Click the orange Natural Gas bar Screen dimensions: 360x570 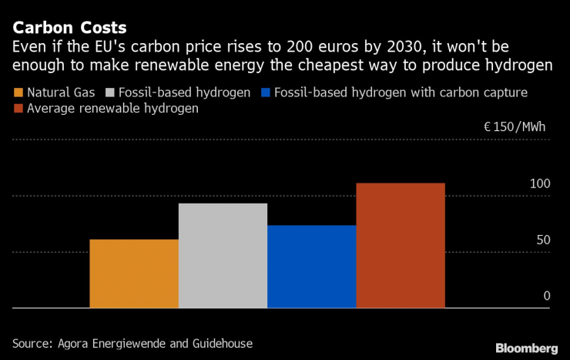point(134,274)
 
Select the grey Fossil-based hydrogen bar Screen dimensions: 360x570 point(223,255)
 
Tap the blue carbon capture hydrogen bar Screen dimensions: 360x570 point(311,267)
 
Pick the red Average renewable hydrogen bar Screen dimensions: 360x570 point(401,245)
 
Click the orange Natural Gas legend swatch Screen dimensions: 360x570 point(19,93)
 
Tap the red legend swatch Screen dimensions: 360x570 point(19,109)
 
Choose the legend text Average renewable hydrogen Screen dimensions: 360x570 point(112,109)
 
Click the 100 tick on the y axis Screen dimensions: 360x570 point(540,184)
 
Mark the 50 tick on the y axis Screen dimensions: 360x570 point(543,241)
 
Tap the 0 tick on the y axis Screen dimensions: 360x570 point(547,296)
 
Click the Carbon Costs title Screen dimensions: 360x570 point(64,29)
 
